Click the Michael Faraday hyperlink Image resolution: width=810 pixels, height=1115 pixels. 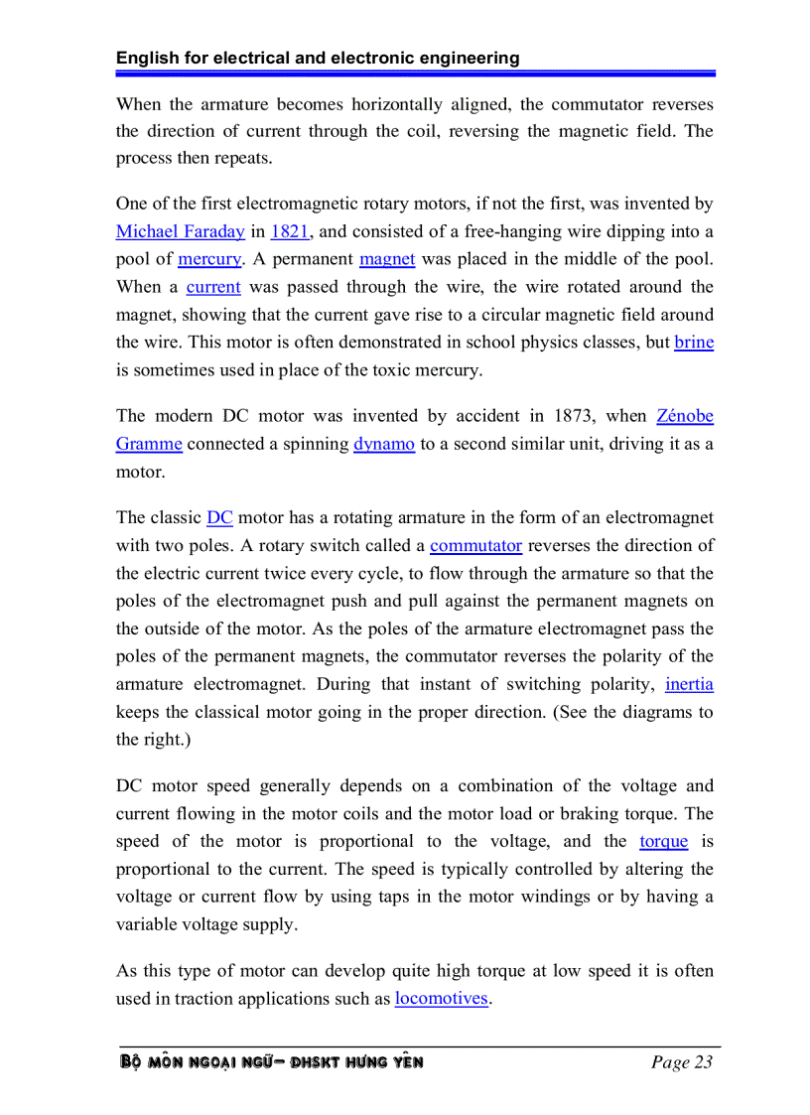pos(180,231)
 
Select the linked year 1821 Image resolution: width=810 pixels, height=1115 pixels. pos(289,231)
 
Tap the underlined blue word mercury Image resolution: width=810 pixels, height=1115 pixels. pos(208,259)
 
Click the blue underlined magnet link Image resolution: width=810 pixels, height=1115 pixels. pos(387,259)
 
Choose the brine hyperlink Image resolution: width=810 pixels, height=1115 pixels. pos(694,343)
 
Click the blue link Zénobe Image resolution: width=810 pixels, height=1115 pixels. pos(685,416)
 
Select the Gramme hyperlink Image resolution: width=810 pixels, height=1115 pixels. pos(149,444)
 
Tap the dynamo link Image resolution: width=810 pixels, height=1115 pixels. pos(384,444)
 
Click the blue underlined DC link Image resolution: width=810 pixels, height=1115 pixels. pos(219,517)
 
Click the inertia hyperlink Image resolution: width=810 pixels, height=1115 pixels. pos(689,684)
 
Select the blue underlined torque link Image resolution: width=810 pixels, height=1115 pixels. pos(663,841)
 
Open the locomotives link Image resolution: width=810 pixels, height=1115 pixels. pos(442,998)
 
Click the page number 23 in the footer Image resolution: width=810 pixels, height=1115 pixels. pos(703,1062)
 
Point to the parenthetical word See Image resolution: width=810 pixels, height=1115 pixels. pos(564,712)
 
